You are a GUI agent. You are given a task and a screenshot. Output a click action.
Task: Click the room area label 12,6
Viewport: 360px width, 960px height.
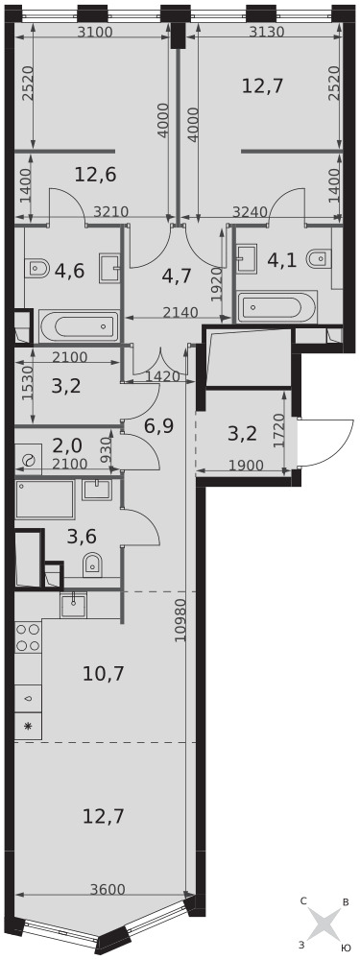[95, 175]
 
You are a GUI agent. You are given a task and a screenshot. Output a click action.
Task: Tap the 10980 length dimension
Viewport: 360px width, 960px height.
[180, 620]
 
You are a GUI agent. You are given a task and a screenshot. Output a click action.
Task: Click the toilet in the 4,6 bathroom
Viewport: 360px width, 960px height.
[38, 267]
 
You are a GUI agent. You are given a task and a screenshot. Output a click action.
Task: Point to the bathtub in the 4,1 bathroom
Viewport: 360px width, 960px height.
[277, 306]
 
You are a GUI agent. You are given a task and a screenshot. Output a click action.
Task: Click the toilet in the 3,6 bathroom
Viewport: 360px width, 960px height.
[93, 565]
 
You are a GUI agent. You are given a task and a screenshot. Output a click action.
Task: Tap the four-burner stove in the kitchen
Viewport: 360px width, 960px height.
[28, 637]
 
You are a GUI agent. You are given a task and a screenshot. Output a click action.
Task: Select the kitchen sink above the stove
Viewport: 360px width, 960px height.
[74, 605]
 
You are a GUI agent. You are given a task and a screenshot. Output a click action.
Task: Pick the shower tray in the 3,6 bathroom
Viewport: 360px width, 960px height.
[45, 499]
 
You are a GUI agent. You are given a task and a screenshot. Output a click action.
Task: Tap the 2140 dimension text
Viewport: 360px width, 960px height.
[181, 312]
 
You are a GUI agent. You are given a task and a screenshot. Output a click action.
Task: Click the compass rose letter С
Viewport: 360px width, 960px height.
[303, 901]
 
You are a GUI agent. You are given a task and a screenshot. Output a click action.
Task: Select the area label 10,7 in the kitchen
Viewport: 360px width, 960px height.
[104, 674]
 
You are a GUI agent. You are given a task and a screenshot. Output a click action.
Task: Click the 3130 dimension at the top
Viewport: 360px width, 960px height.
[267, 33]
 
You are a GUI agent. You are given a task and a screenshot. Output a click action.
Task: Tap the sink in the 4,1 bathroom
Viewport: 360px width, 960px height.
[248, 257]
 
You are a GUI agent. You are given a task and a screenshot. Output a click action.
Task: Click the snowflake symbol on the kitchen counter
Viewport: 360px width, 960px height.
[28, 728]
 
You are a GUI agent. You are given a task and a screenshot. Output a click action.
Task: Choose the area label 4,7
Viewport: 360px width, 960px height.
[177, 276]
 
